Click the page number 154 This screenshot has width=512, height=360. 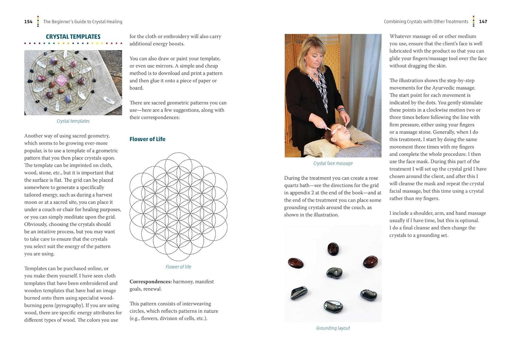click(28, 22)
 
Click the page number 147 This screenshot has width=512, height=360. click(483, 22)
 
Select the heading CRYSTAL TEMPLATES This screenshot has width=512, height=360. click(73, 36)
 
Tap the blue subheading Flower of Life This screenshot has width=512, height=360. click(147, 139)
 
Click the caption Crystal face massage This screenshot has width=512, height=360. click(333, 163)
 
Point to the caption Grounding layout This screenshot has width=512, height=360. click(333, 328)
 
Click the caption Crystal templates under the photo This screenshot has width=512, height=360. click(73, 121)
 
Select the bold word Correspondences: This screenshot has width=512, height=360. click(151, 282)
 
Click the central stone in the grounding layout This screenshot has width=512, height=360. click(334, 273)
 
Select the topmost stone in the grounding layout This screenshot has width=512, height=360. click(333, 249)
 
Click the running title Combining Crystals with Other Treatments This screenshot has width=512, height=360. click(426, 22)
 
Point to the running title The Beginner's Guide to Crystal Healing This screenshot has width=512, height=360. click(83, 22)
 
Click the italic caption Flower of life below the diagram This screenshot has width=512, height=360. click(178, 267)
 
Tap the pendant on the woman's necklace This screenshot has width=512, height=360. click(314, 75)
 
